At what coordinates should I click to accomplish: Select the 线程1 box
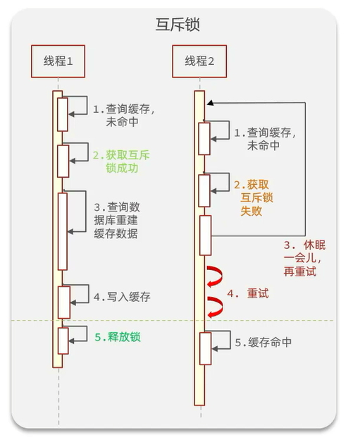click(x=58, y=61)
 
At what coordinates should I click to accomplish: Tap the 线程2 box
click(x=199, y=61)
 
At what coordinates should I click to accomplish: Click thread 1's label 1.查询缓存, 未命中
click(x=124, y=116)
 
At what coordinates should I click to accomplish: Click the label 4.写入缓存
click(x=122, y=297)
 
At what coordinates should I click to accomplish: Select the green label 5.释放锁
click(x=118, y=337)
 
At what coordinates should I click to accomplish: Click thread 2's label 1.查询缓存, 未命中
click(x=264, y=139)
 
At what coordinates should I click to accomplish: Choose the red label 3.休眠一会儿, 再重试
click(x=304, y=258)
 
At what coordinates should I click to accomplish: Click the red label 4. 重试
click(x=248, y=293)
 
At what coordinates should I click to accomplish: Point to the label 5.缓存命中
click(x=263, y=343)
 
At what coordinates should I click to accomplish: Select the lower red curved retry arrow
click(x=214, y=305)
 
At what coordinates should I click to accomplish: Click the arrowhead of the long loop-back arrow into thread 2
click(x=209, y=103)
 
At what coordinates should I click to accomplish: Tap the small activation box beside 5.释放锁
click(x=63, y=340)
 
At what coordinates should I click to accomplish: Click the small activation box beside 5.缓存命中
click(x=204, y=348)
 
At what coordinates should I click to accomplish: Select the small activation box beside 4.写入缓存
click(x=63, y=302)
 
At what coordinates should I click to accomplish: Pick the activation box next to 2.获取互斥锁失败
click(x=204, y=190)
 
